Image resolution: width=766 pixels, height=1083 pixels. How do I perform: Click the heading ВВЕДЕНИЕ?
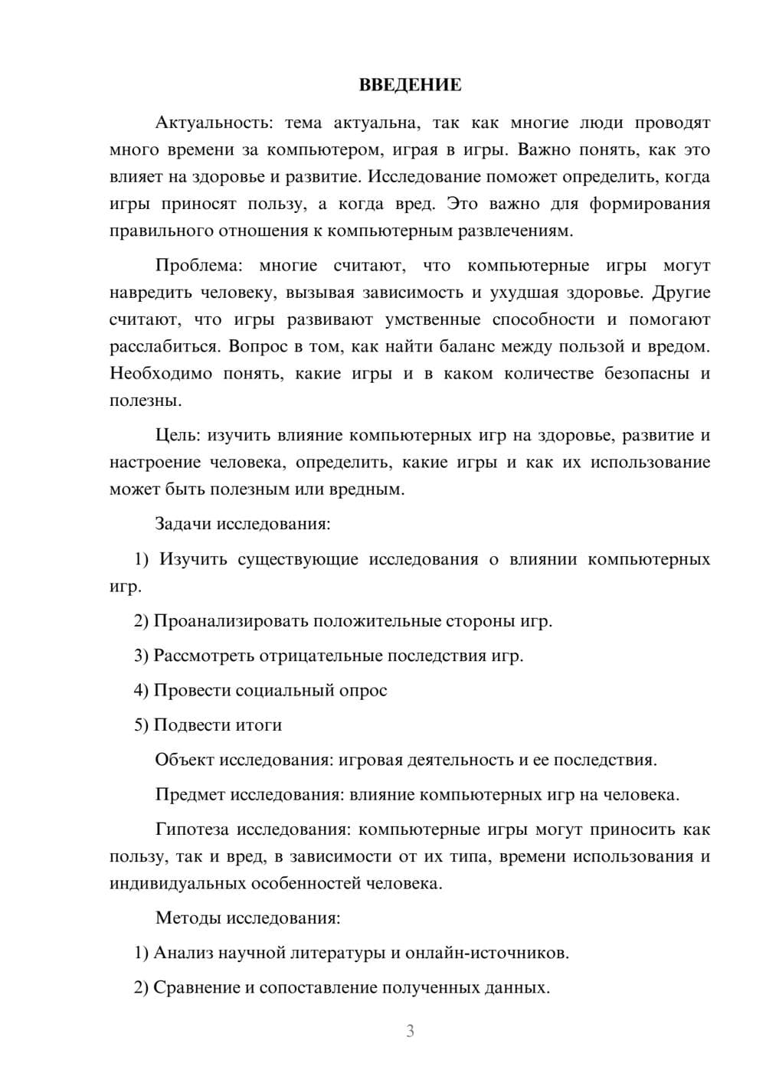point(410,85)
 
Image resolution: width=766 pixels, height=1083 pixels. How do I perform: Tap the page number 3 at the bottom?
point(410,1031)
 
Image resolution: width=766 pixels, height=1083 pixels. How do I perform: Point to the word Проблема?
point(197,266)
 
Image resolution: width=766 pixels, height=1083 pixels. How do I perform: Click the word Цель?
point(177,436)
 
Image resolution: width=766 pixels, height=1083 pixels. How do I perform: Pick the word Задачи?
point(183,525)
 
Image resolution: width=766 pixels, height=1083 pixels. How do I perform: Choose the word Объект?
point(185,760)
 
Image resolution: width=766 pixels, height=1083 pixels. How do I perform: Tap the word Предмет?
point(188,794)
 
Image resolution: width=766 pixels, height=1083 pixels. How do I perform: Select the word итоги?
point(260,725)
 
